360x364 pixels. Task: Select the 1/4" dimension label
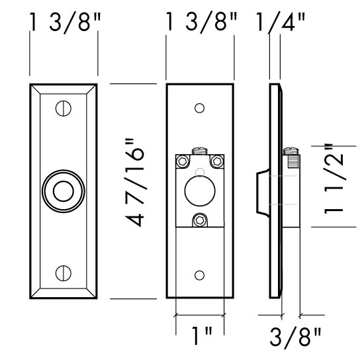coord(281,23)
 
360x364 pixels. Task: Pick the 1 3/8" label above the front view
coord(64,23)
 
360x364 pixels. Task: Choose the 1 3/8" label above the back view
coord(201,23)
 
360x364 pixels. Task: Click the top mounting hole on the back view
coord(200,107)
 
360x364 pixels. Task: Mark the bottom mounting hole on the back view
coord(200,273)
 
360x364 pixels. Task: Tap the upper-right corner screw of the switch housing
coord(217,161)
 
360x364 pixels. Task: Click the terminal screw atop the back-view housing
coord(199,151)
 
